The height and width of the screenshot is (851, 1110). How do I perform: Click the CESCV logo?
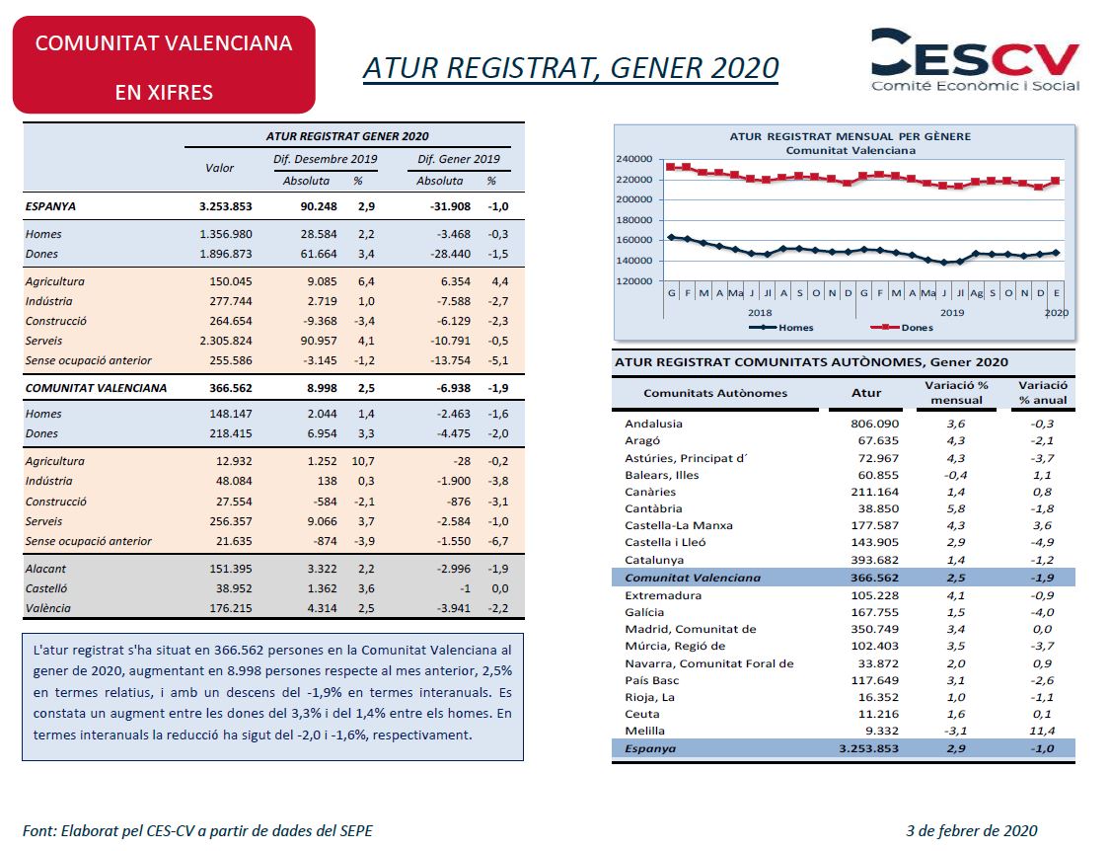(975, 59)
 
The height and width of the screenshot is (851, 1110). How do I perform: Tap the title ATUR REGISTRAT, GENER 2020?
(570, 68)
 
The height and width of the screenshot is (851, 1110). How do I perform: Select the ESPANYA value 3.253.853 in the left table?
(225, 206)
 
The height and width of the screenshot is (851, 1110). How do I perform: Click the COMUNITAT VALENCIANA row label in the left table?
(97, 388)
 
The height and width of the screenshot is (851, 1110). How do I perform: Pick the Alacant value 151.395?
(230, 569)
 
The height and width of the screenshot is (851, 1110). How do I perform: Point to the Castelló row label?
(46, 588)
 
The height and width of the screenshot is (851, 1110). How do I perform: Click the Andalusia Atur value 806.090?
(874, 424)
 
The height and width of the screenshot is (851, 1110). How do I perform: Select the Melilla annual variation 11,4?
(1042, 731)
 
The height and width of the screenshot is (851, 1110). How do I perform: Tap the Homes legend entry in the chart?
(781, 328)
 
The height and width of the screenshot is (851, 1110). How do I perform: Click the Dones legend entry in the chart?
(902, 328)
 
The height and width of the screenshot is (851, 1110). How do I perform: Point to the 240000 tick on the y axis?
(633, 159)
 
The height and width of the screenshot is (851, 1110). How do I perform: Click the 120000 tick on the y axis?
(633, 280)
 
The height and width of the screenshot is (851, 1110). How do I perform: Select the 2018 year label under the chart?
(760, 313)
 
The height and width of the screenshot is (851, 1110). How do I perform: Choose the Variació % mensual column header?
(956, 393)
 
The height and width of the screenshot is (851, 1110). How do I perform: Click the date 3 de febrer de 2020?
(972, 830)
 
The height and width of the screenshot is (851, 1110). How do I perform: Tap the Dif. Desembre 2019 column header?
(325, 159)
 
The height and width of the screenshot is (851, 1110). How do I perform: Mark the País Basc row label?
(651, 680)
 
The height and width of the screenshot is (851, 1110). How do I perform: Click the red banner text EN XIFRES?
(164, 92)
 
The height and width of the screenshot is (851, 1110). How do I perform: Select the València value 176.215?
(230, 608)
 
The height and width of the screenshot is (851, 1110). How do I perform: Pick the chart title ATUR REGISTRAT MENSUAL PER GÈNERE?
(851, 136)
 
